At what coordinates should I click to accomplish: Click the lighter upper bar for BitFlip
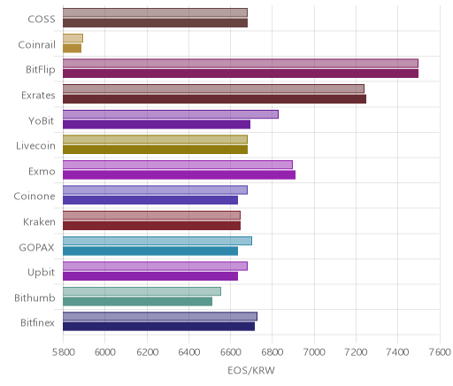click(241, 64)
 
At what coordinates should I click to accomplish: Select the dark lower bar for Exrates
click(214, 99)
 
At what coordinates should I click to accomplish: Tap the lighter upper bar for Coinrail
click(73, 38)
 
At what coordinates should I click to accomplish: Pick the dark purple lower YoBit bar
click(157, 125)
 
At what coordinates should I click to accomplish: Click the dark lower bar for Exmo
click(179, 175)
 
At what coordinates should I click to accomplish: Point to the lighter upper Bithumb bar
click(142, 291)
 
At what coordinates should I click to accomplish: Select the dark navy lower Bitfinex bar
click(158, 327)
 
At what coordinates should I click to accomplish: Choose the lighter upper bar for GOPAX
click(157, 241)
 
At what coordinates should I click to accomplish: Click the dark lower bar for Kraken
click(151, 226)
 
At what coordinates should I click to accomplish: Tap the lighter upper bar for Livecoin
click(155, 140)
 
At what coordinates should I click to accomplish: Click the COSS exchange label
click(42, 19)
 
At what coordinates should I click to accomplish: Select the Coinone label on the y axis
click(35, 197)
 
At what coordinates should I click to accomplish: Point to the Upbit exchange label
click(41, 273)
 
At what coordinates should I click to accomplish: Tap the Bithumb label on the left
click(35, 297)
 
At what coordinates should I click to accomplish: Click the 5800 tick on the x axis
click(63, 352)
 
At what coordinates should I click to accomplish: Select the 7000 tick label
click(314, 352)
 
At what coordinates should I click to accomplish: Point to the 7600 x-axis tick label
click(440, 352)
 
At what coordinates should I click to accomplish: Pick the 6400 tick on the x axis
click(188, 352)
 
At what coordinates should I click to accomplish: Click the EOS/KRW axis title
click(251, 370)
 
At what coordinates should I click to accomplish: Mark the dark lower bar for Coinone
click(150, 200)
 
